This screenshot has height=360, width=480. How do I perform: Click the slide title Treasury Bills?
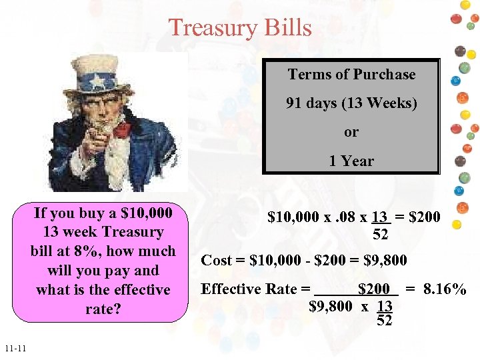[240, 28]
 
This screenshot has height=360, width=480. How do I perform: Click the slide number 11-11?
[14, 349]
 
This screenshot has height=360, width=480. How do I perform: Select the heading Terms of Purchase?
[351, 75]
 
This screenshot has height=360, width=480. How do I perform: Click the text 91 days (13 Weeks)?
[351, 103]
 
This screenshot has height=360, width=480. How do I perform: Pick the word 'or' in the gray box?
[351, 132]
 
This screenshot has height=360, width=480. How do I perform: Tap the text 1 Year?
[351, 161]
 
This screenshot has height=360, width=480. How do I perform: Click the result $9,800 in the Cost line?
[385, 260]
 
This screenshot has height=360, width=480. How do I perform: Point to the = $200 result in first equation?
[418, 217]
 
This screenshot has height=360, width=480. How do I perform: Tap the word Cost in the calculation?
[216, 260]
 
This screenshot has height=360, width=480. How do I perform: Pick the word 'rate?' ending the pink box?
[103, 309]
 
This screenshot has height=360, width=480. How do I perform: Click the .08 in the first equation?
[346, 217]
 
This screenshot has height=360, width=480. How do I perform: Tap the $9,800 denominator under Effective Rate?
[331, 306]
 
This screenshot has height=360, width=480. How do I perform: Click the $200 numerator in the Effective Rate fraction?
[373, 289]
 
